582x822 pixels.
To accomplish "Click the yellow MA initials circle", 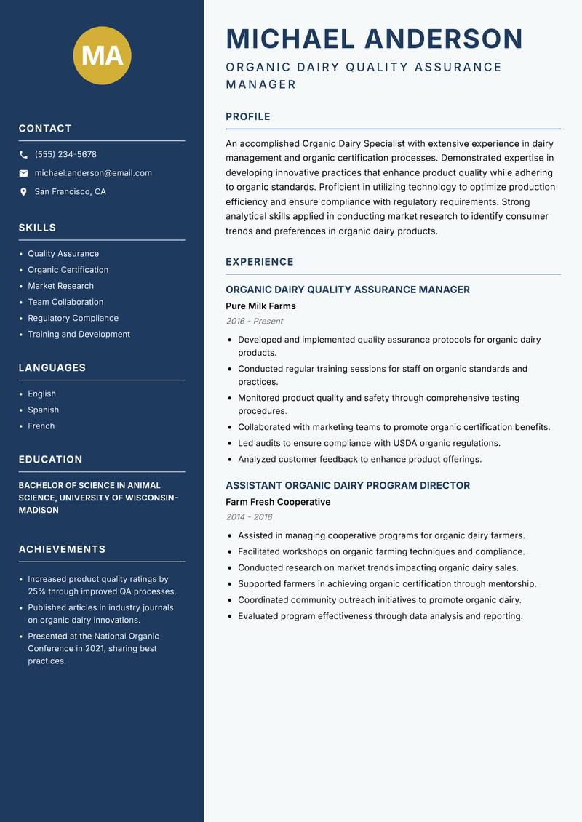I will (102, 55).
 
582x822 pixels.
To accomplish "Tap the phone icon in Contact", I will (23, 155).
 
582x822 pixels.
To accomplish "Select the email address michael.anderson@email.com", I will (93, 173).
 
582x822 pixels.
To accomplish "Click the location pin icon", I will (23, 192).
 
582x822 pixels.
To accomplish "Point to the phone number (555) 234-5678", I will (65, 155).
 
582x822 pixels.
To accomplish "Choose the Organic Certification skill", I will (68, 270).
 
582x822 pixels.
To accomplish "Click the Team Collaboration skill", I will (65, 302).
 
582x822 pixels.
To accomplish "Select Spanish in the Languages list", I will (44, 410).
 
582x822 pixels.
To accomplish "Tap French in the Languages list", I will (41, 426).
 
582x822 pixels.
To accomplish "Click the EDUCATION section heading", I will (51, 460).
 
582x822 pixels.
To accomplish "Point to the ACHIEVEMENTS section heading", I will (62, 549).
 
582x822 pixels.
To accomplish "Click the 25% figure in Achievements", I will (37, 592).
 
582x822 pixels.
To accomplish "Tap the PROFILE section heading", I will (248, 117).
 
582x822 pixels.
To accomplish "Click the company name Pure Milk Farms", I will (260, 306).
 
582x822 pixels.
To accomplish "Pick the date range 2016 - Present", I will (255, 322).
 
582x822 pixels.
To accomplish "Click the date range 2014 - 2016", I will (249, 517).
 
